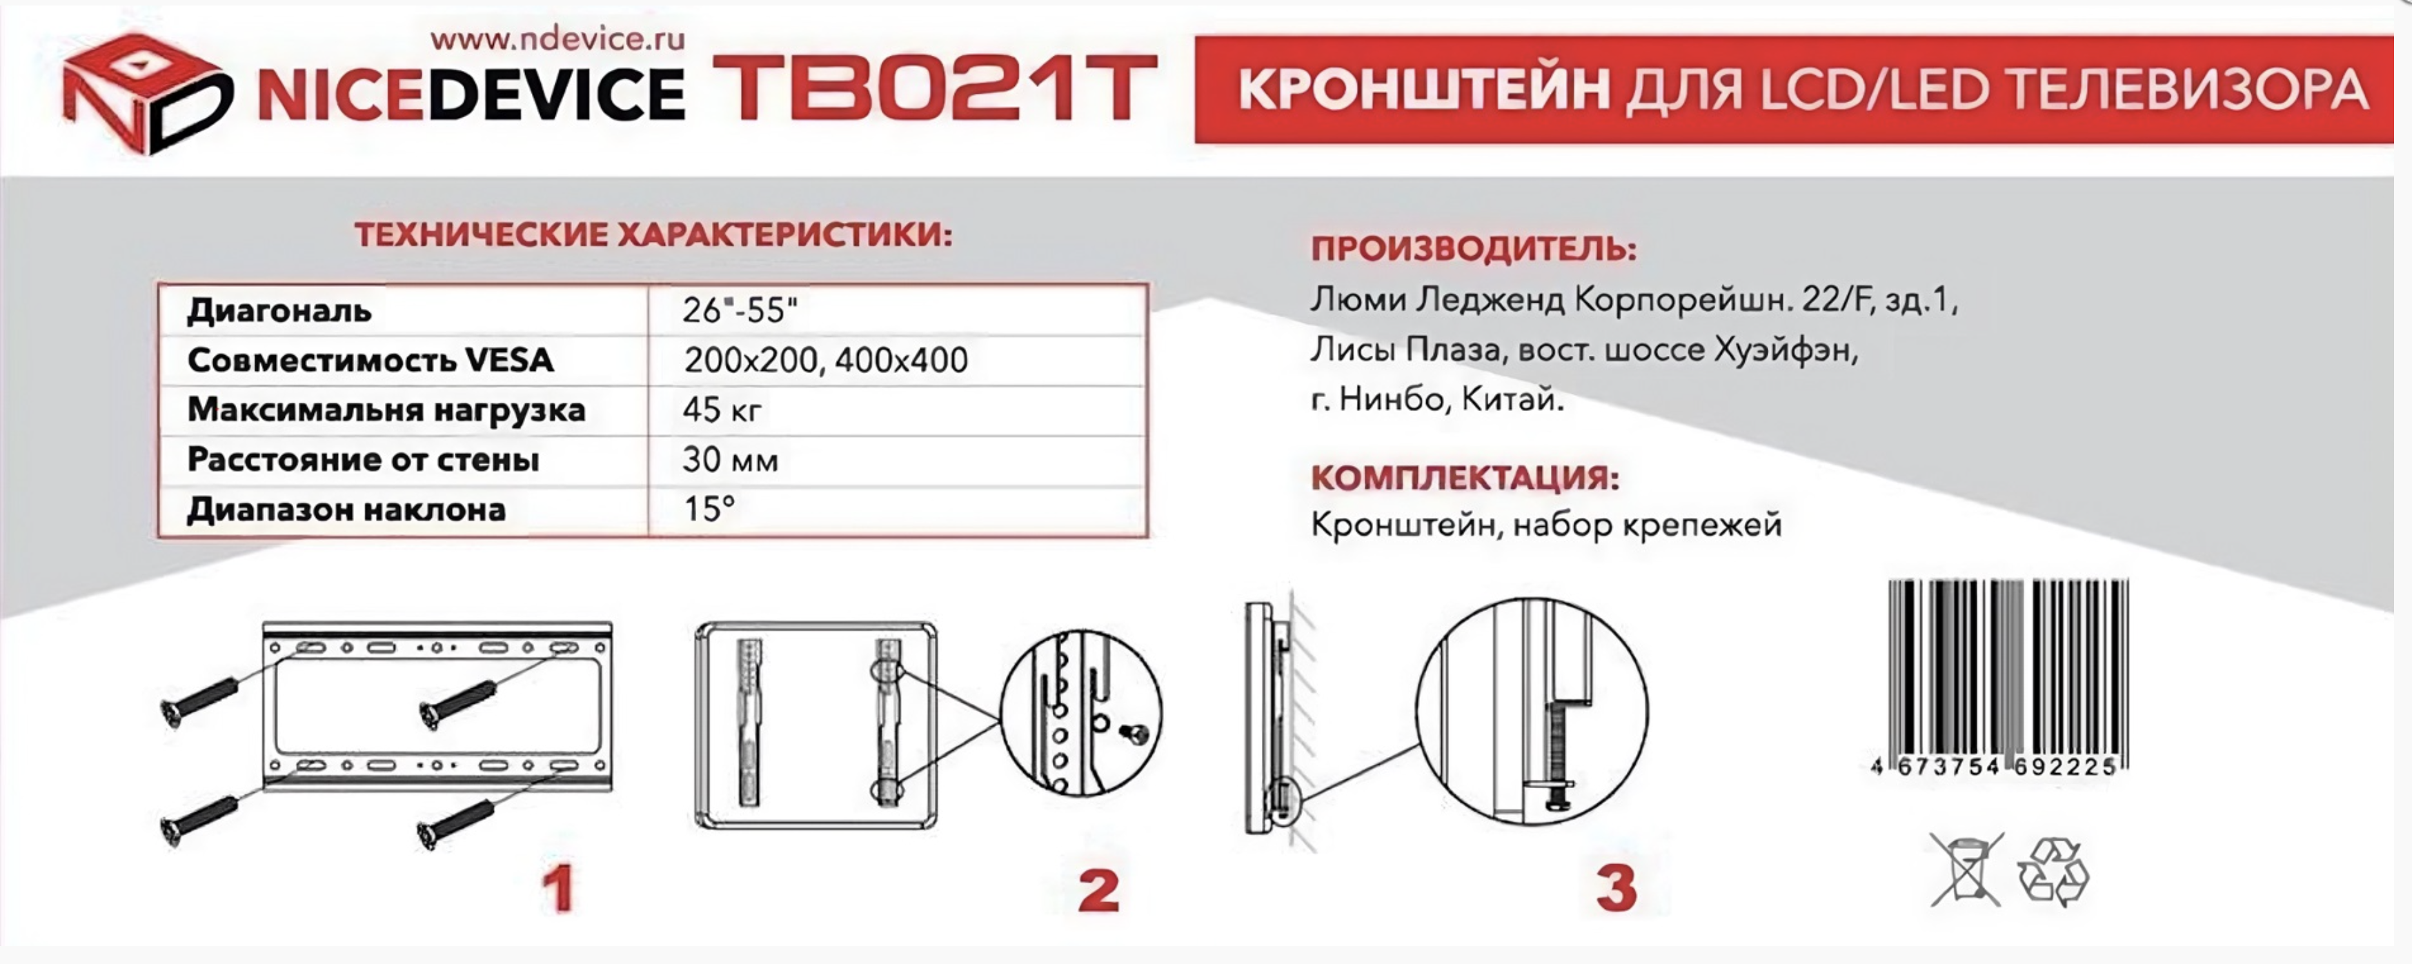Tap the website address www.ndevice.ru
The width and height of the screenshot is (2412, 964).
coord(558,39)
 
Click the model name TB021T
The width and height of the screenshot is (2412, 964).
coord(934,89)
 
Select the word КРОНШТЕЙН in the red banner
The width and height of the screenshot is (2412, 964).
coord(1424,90)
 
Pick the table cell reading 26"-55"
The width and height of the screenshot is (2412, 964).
coord(740,310)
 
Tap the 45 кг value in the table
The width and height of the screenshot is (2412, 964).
coord(722,410)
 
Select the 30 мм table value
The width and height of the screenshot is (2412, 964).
coord(731,459)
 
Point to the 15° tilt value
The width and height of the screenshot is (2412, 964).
coord(709,509)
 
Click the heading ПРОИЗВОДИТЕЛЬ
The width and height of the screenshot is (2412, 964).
coord(1474,250)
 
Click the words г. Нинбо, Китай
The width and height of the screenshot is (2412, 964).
coord(1437,401)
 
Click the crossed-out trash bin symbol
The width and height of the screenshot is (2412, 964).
coord(1966,870)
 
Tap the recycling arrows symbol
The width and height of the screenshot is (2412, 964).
coord(2053,872)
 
